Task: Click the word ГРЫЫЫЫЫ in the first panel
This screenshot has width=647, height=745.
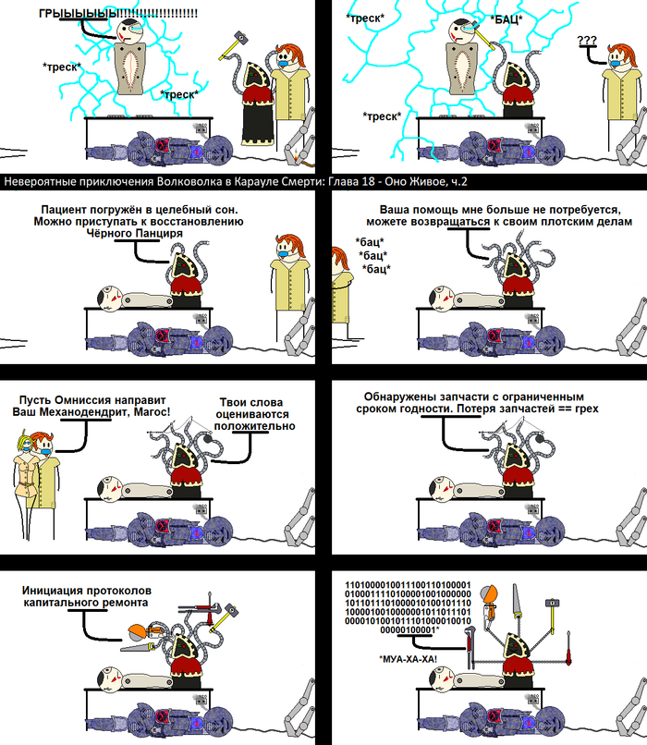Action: [x=79, y=13]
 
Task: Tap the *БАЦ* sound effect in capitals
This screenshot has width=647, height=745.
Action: [x=507, y=19]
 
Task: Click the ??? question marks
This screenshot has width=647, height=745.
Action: [x=587, y=41]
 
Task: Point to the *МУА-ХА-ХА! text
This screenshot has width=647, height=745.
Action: [x=408, y=659]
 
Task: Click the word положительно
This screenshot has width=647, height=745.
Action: [x=254, y=426]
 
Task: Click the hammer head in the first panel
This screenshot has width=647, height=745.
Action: [x=240, y=38]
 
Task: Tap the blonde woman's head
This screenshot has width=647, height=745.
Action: [x=25, y=441]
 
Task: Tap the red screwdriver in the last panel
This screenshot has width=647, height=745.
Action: [x=568, y=649]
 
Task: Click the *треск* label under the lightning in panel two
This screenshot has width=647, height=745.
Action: [x=382, y=116]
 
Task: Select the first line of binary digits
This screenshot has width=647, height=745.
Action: [x=408, y=585]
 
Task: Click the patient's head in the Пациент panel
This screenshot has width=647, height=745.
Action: [x=109, y=299]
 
